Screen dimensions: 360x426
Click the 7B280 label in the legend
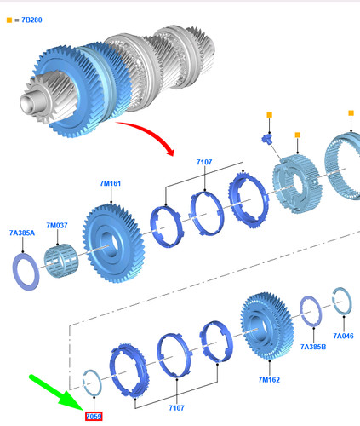[x=31, y=20]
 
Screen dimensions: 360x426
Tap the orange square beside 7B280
[x=9, y=20]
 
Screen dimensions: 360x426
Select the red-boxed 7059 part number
[x=94, y=417]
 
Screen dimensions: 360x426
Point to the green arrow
[x=57, y=393]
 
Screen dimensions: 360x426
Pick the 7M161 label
[x=111, y=183]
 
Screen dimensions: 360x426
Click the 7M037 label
[x=57, y=226]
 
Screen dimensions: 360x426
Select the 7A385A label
[x=22, y=233]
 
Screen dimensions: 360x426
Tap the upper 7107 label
[x=204, y=162]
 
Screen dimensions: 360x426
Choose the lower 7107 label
[x=176, y=408]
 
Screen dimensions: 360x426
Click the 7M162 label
[x=269, y=380]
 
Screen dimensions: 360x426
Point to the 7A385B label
[x=313, y=347]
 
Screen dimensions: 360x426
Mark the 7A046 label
[x=343, y=336]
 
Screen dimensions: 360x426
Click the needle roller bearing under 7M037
[x=61, y=261]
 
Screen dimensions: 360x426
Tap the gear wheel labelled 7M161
[x=113, y=243]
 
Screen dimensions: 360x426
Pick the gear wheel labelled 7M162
[x=267, y=326]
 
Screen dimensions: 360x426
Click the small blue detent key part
[x=266, y=139]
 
